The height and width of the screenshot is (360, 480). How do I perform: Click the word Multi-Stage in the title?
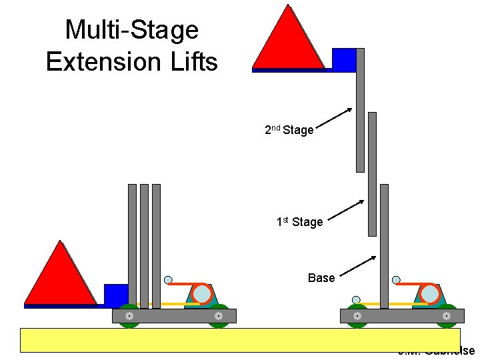pyautogui.click(x=131, y=30)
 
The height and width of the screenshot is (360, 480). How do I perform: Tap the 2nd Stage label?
pyautogui.click(x=289, y=130)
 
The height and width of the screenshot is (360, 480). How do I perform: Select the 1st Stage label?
pyautogui.click(x=299, y=221)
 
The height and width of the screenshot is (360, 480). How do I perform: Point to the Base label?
pyautogui.click(x=321, y=277)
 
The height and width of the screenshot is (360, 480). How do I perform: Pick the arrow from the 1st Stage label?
pyautogui.click(x=347, y=210)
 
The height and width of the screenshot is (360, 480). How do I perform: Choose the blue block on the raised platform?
pyautogui.click(x=344, y=59)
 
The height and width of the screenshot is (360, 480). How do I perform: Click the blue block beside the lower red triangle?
pyautogui.click(x=115, y=295)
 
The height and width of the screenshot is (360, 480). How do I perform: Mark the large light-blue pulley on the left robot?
pyautogui.click(x=201, y=293)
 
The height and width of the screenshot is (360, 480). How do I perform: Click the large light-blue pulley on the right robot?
pyautogui.click(x=430, y=293)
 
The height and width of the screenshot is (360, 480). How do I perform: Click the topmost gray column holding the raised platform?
pyautogui.click(x=360, y=110)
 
